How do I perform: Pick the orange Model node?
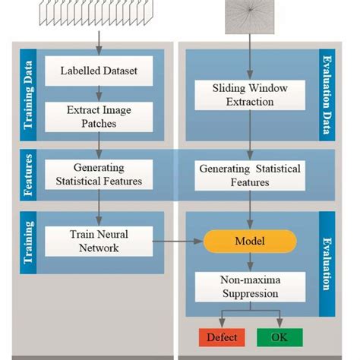point(250,241)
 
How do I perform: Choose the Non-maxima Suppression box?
point(250,286)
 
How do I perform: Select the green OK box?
point(279,336)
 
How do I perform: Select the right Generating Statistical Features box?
point(250,175)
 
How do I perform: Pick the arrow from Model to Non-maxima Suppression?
point(250,262)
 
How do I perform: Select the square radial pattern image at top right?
point(250,15)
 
